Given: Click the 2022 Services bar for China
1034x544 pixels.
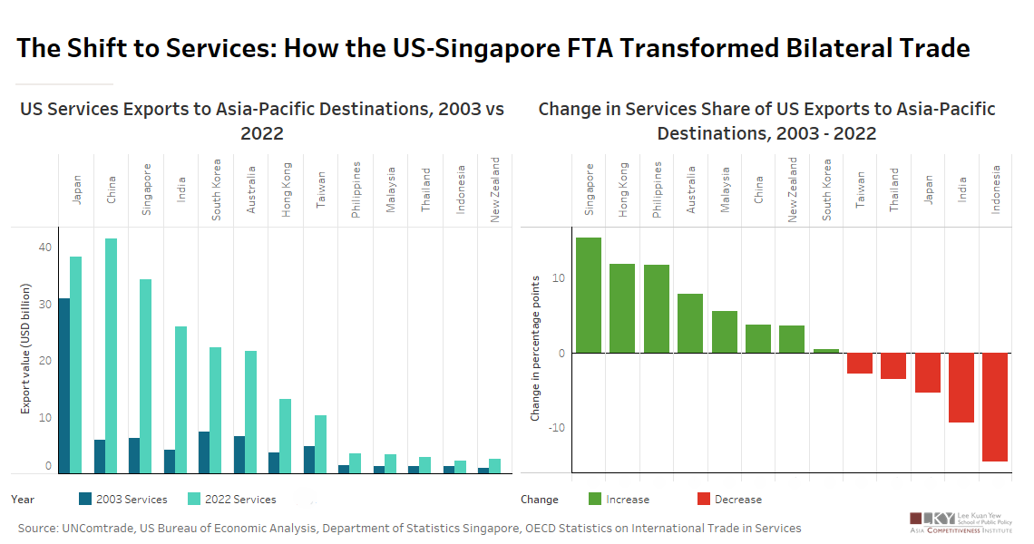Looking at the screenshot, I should coord(112,355).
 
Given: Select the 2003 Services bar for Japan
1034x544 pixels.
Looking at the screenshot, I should coord(64,385).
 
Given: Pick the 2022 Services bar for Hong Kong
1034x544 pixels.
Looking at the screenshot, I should coord(285,436).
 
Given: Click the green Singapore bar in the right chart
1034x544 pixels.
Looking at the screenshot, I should coord(589,295).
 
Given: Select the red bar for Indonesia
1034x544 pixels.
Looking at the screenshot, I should coord(995,407).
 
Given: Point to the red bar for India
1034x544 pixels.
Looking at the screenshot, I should coord(961,387).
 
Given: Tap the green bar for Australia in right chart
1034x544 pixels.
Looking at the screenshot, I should coord(690,323).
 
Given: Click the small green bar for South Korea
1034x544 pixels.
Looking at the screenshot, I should coord(826,351).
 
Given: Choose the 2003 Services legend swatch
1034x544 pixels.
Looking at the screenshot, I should coord(86,499).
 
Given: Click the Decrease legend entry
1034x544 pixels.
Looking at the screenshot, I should coord(728,499).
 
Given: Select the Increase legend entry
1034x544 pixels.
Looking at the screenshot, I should coord(619,499).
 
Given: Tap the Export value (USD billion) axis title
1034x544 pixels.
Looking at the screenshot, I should coord(26,349).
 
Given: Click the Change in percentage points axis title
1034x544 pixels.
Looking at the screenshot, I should coord(536,348).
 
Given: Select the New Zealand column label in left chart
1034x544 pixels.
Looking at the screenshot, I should coord(495,190).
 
